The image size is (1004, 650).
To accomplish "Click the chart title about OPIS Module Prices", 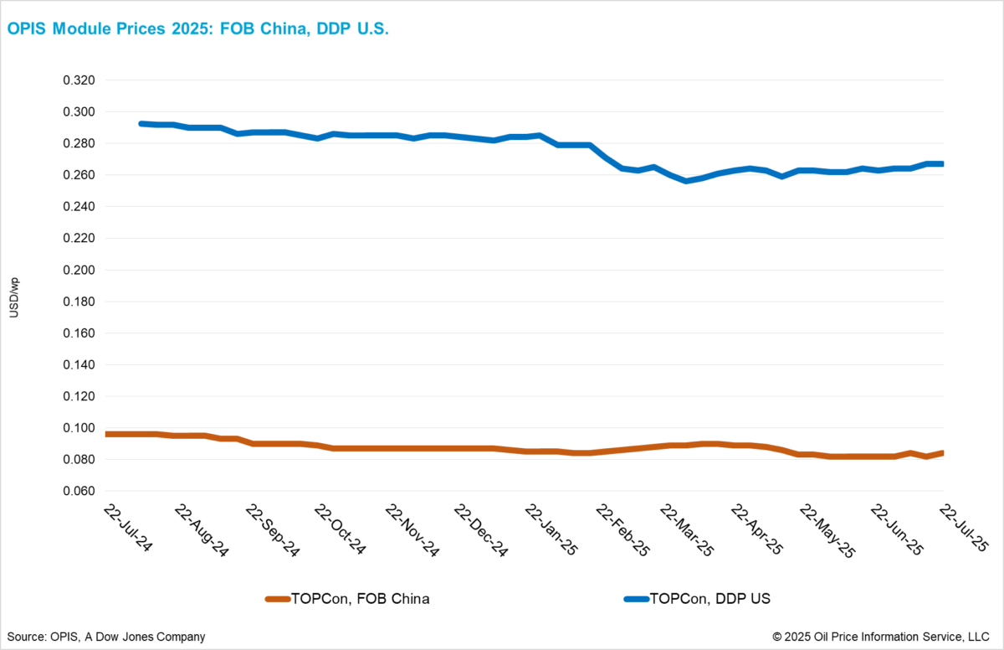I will coord(198,28).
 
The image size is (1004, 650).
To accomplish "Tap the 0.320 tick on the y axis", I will coord(79,80).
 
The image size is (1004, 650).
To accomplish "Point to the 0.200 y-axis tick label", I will coord(79,271).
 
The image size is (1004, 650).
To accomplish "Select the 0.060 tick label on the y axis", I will coord(79,492).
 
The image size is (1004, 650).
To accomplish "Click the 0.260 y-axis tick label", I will coord(79,175).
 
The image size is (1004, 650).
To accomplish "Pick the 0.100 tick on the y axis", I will coord(79,428).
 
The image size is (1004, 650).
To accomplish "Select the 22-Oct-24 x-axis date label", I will coord(341,529).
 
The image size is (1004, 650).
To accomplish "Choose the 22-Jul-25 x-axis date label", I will coord(964,529).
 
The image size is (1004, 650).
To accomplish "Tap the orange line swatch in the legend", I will coord(277,599).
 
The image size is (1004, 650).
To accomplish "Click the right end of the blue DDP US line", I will coord(943,164).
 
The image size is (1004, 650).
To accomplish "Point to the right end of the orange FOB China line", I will coord(943,453).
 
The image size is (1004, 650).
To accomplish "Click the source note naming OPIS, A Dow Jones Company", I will coord(105,637).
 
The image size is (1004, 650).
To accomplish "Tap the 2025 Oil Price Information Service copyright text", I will coord(880,637).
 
